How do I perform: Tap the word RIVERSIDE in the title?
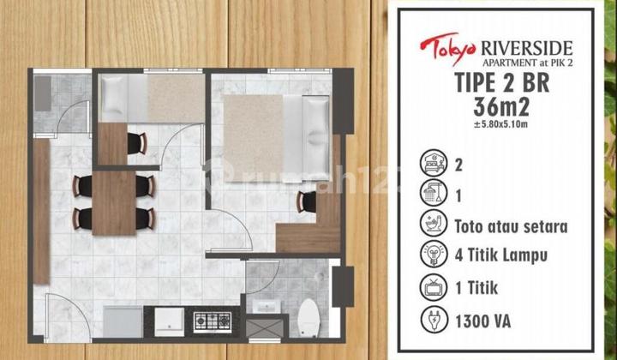(x=515, y=44)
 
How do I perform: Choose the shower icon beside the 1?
(x=435, y=194)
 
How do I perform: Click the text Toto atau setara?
(x=512, y=227)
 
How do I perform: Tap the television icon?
(x=435, y=285)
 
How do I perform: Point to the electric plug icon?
(x=435, y=318)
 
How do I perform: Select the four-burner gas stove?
(x=211, y=321)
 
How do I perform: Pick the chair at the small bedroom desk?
(x=137, y=144)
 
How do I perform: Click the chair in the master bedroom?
(x=305, y=202)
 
